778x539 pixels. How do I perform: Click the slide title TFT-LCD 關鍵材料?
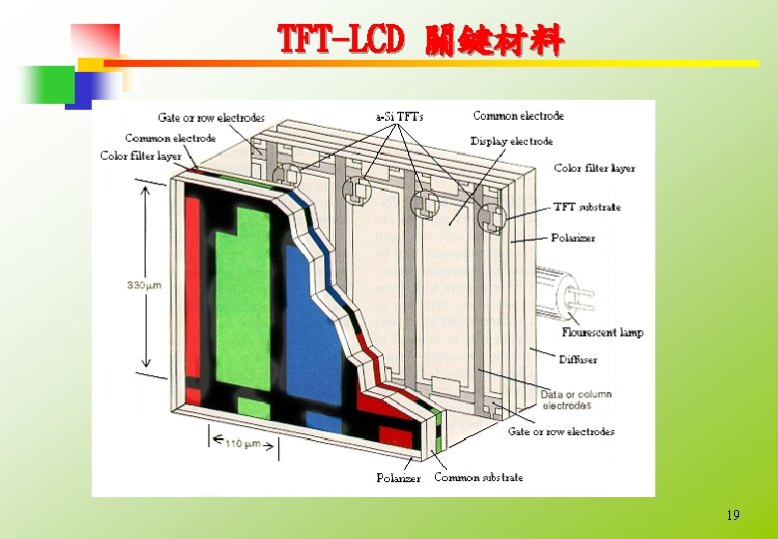pos(420,40)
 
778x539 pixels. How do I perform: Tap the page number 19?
pos(733,515)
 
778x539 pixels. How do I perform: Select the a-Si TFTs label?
pos(398,117)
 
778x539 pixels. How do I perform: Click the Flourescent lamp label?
pos(601,332)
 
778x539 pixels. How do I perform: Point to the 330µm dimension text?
pos(144,285)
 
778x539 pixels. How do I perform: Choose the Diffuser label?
pos(578,359)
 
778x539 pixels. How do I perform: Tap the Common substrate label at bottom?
pos(478,477)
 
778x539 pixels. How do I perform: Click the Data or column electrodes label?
pos(576,400)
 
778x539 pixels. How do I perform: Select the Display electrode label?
pos(511,141)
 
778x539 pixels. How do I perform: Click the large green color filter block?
pos(242,299)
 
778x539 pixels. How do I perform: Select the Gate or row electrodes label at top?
pos(210,118)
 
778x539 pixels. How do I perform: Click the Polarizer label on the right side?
pos(573,238)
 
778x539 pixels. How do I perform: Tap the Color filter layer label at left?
pos(141,156)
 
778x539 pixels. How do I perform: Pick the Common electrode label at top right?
pos(518,116)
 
